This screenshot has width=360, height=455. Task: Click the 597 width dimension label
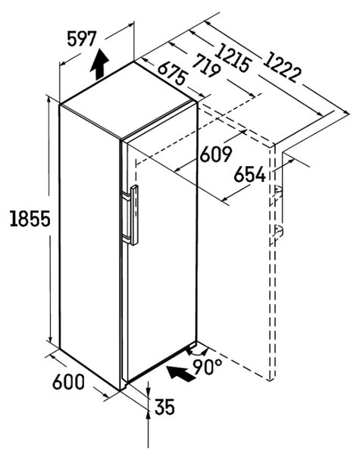[x=82, y=39]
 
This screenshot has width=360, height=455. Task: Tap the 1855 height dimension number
[x=30, y=218]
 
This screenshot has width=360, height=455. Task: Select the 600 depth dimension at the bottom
[x=68, y=381]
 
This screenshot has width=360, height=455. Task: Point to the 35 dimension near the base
[x=164, y=406]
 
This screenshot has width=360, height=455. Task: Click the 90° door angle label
[x=208, y=367]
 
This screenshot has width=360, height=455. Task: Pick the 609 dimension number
[x=216, y=154]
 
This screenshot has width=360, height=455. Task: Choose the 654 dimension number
[x=250, y=174]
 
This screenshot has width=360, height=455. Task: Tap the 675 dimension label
[x=172, y=73]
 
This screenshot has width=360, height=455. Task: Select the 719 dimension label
[x=206, y=65]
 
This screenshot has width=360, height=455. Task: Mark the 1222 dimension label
[x=282, y=67]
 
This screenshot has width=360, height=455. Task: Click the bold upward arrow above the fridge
[x=99, y=64]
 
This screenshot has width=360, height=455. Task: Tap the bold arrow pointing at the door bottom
[x=180, y=373]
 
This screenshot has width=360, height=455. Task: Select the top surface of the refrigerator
[x=127, y=99]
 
